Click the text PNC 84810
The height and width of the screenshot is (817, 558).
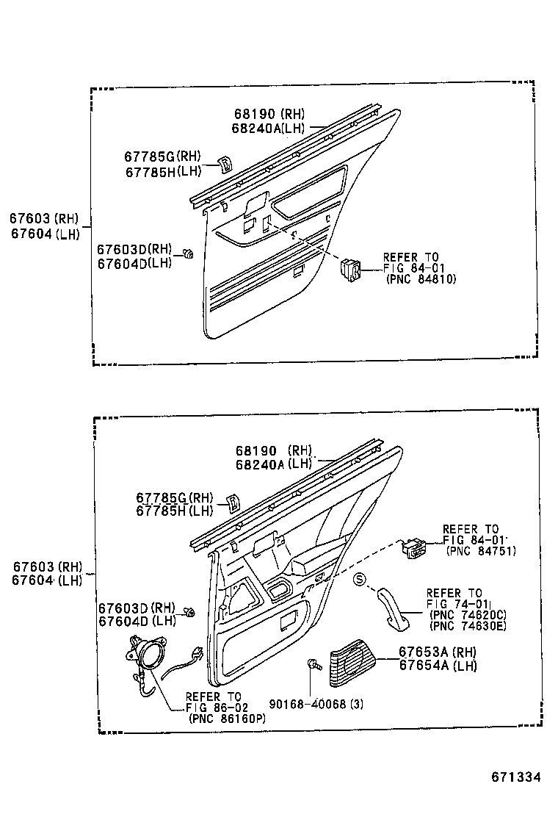coord(420,279)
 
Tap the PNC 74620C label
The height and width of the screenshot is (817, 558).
coord(468,615)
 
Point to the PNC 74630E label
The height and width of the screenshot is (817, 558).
coord(468,626)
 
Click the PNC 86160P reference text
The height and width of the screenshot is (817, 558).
coord(227,718)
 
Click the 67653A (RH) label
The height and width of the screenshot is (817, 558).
coord(438,652)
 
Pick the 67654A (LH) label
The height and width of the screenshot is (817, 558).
coord(438,666)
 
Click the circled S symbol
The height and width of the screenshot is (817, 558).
coord(360,579)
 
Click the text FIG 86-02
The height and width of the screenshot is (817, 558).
coord(212,707)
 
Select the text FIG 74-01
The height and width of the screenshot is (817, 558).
coord(454,604)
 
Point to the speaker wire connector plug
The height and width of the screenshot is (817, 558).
coord(197,652)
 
